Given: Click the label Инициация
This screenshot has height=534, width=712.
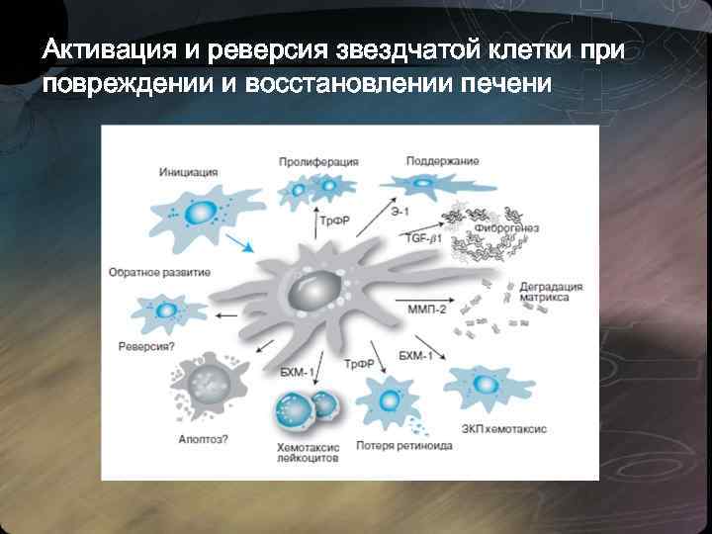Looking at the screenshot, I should coord(187,171).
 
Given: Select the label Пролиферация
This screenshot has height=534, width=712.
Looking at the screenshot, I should coord(317,161).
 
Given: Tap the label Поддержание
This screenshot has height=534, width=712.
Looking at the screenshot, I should coord(442,161).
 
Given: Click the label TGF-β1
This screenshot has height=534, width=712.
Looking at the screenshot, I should coord(426,239).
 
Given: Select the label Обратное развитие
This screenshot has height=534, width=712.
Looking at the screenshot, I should coord(158,271).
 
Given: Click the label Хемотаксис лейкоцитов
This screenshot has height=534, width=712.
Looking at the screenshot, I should coord(308,454).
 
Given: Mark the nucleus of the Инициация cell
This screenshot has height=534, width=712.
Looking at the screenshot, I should coord(201,212).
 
